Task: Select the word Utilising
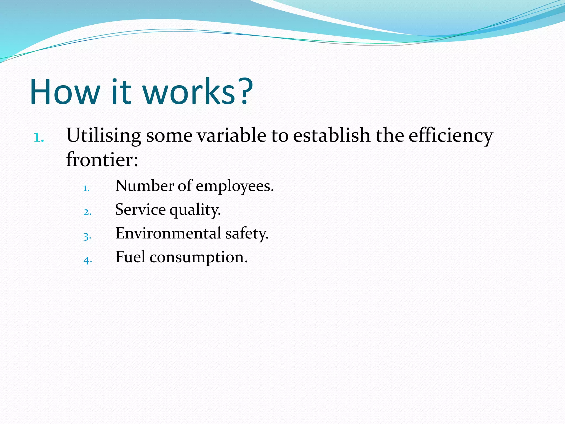104,136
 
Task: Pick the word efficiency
451,136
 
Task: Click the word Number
145,185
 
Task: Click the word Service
140,209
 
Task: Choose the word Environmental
168,233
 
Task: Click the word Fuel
130,257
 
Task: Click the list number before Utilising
39,137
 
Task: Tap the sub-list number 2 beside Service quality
87,212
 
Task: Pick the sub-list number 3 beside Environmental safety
87,236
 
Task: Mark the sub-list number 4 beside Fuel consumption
87,260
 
